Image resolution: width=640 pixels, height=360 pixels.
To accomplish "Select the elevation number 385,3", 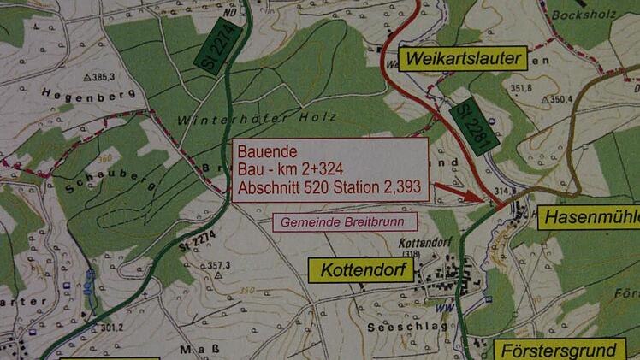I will [x=104, y=77].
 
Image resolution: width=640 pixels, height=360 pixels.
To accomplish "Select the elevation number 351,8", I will [x=521, y=88].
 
